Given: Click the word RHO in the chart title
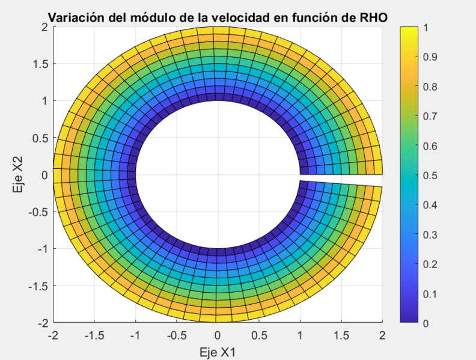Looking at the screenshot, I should point(373,17).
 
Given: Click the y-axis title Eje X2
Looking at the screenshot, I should point(17,175).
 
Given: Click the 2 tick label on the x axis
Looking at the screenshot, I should point(382,334).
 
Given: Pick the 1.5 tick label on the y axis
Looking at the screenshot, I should point(40,64).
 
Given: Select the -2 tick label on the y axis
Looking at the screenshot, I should point(42,323).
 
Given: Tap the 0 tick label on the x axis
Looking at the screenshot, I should point(218,334).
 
